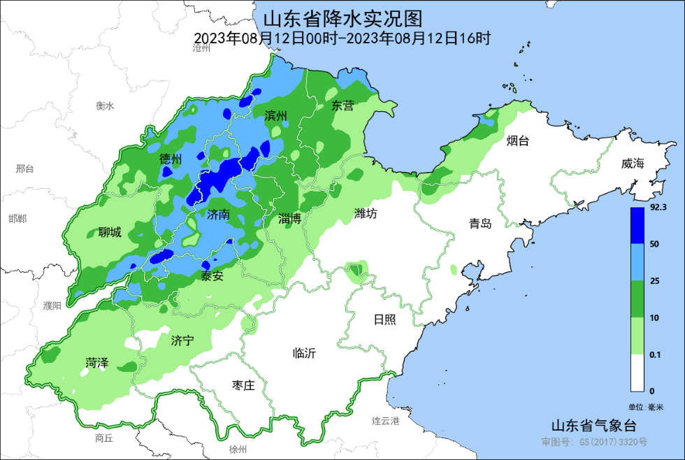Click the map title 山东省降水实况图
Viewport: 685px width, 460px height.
pyautogui.click(x=342, y=17)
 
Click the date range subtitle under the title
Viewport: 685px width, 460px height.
pyautogui.click(x=342, y=38)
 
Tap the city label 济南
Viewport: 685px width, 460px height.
pyautogui.click(x=218, y=215)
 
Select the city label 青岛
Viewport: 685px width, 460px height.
pyautogui.click(x=480, y=224)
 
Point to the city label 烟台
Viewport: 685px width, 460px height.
pyautogui.click(x=517, y=141)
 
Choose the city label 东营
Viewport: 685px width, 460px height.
pyautogui.click(x=342, y=106)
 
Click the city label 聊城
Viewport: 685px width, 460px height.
pyautogui.click(x=110, y=233)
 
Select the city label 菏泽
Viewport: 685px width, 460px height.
pyautogui.click(x=97, y=363)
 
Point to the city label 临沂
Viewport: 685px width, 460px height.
pyautogui.click(x=304, y=354)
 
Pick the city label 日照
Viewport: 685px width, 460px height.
pyautogui.click(x=384, y=319)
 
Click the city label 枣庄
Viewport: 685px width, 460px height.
pyautogui.click(x=243, y=385)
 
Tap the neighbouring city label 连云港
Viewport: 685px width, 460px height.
pyautogui.click(x=385, y=421)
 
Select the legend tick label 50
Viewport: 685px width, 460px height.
pyautogui.click(x=655, y=244)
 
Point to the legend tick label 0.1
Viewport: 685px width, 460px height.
pyautogui.click(x=656, y=355)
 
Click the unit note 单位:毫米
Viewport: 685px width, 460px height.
pyautogui.click(x=645, y=407)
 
